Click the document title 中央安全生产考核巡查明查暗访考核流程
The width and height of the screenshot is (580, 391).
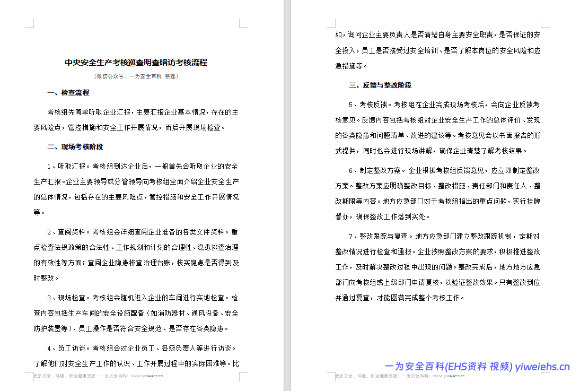[x=136, y=63]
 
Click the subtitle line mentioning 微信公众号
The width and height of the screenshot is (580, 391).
[x=136, y=76]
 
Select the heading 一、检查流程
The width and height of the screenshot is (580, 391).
[x=68, y=93]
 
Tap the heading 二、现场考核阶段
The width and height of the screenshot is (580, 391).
[x=75, y=147]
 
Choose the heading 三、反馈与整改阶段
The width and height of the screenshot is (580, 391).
[x=380, y=85]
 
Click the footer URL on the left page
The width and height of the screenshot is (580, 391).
[x=147, y=376]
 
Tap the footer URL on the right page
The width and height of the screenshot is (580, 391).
[x=449, y=376]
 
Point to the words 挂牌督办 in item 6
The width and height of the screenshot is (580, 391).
[x=530, y=202]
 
